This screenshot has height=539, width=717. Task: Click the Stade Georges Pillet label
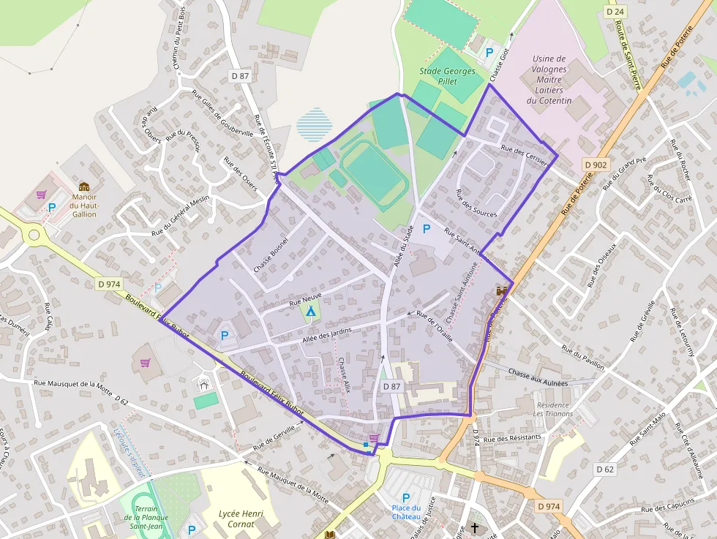coord(447,76)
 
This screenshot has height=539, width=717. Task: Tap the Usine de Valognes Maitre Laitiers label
coord(549,79)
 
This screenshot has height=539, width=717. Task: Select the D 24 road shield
coord(615,12)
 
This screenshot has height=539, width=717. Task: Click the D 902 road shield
coord(596,165)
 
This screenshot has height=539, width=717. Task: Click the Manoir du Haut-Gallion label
coord(83,205)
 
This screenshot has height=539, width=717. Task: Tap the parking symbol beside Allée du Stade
coord(427,229)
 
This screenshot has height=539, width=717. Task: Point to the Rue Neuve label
coord(306,298)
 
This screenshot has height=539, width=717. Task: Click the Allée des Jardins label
coord(326,336)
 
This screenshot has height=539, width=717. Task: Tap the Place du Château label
coord(405,513)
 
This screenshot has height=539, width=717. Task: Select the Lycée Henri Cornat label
coord(241,519)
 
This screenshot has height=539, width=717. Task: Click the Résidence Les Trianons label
coord(553,409)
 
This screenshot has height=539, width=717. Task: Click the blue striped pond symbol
coord(315,124)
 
